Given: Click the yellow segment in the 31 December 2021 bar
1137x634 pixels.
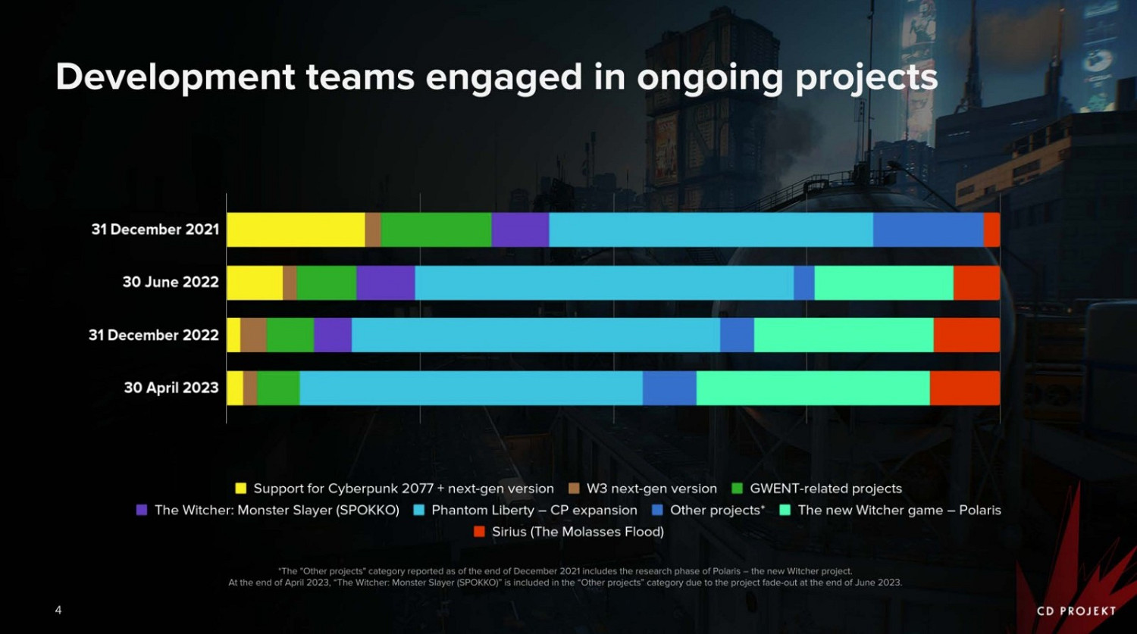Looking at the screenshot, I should pyautogui.click(x=296, y=230).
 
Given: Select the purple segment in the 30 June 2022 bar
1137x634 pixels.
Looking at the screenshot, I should pyautogui.click(x=386, y=283).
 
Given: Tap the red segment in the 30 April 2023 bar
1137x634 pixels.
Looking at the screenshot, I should pyautogui.click(x=964, y=388).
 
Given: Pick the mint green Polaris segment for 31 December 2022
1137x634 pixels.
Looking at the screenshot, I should pyautogui.click(x=844, y=335).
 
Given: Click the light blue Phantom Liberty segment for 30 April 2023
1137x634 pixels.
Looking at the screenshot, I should pyautogui.click(x=471, y=388).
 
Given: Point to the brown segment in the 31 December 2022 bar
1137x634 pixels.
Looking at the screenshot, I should pyautogui.click(x=253, y=335).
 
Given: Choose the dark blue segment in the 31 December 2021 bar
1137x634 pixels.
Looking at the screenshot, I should pyautogui.click(x=928, y=230).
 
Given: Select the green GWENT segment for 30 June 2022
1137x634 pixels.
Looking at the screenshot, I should pyautogui.click(x=326, y=283).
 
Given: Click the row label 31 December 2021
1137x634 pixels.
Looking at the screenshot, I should pyautogui.click(x=155, y=230).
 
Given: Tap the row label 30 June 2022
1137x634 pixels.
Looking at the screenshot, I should pyautogui.click(x=171, y=283).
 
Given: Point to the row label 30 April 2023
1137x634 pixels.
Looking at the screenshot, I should pyautogui.click(x=171, y=388).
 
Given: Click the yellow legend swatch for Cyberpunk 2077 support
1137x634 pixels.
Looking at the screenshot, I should pyautogui.click(x=241, y=489).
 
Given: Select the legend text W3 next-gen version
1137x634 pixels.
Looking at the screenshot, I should pyautogui.click(x=651, y=489).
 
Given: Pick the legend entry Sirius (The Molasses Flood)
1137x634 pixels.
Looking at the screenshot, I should pyautogui.click(x=578, y=532).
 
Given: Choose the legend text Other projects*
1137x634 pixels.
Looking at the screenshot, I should pyautogui.click(x=717, y=511).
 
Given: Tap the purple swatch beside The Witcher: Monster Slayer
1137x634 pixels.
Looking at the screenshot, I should pyautogui.click(x=142, y=511).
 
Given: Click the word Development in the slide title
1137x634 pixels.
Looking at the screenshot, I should pyautogui.click(x=175, y=78).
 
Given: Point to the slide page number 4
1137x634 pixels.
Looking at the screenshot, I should pyautogui.click(x=58, y=610).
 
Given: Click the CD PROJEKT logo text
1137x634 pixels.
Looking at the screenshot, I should pyautogui.click(x=1076, y=611).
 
